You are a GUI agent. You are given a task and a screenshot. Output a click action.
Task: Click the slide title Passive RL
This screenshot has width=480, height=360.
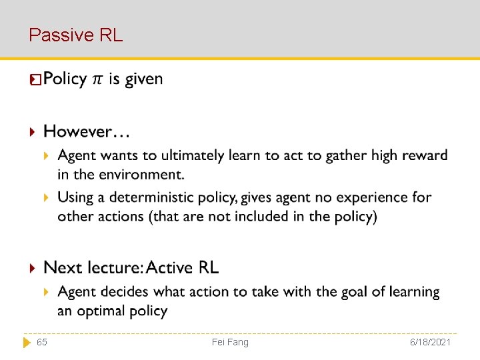tap(75, 35)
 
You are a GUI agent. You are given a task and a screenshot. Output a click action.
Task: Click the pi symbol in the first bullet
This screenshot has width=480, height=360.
tap(97, 79)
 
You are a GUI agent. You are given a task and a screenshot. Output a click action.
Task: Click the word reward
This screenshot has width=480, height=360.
tap(424, 155)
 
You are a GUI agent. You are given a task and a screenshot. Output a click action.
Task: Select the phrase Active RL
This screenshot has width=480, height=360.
tap(182, 268)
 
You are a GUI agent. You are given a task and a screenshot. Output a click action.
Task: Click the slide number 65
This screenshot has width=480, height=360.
tap(41, 342)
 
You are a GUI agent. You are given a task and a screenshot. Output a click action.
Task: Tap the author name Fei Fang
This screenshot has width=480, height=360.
tap(230, 342)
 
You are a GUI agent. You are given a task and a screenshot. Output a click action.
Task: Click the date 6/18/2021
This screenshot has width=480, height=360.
tap(431, 342)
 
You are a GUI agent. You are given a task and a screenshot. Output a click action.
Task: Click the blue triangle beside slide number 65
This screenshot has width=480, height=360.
tap(27, 342)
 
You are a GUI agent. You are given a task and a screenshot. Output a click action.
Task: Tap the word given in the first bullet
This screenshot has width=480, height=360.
tap(144, 79)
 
